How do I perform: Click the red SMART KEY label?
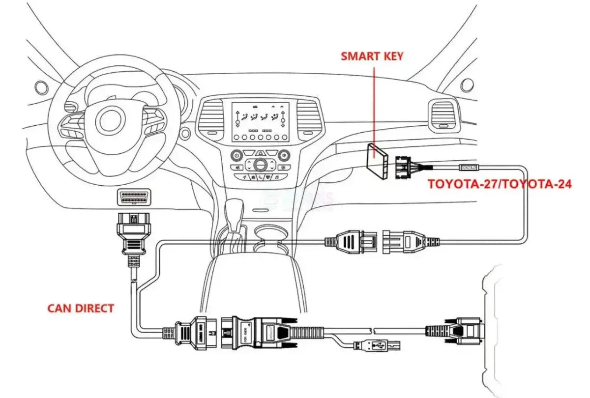(x=372, y=56)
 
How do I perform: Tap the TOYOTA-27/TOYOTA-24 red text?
(x=499, y=185)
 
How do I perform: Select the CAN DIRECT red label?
(x=81, y=309)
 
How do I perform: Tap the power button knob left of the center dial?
(x=237, y=155)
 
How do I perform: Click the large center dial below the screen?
(x=260, y=164)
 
